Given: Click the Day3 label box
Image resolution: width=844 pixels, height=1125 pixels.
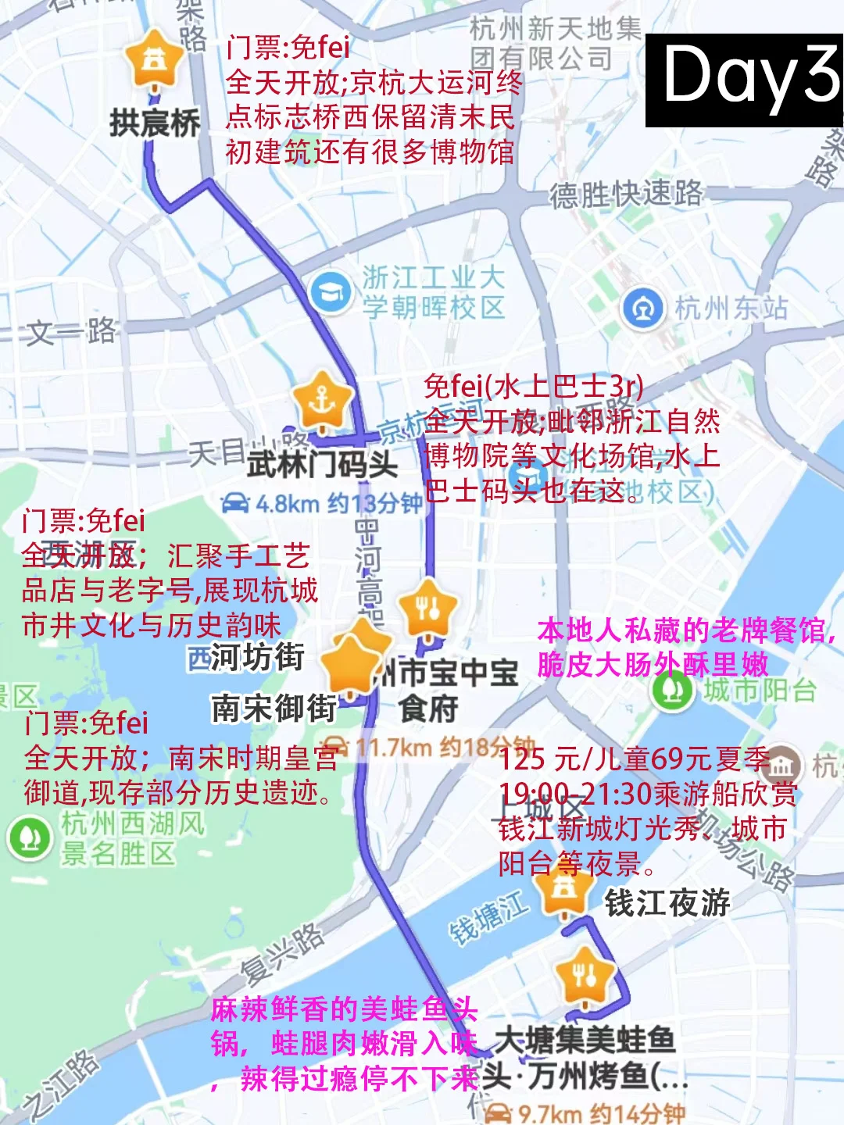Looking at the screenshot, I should point(744,80).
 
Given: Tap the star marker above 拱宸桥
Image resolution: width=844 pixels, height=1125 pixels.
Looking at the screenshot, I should point(155,60).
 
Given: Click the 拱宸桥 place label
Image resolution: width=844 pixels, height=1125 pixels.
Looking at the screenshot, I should point(155,123).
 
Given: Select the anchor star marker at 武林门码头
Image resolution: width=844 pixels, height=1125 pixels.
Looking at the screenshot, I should point(322,402).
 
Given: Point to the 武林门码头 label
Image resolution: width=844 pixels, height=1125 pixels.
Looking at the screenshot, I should point(322,464).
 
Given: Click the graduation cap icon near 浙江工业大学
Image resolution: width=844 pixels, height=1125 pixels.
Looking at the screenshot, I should point(331,293).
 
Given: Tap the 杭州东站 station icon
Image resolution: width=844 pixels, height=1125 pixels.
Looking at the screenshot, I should point(642,309).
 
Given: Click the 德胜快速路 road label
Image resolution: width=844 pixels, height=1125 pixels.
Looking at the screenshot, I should point(626,194).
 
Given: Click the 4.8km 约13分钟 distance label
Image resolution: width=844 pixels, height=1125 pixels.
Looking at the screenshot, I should point(321,503).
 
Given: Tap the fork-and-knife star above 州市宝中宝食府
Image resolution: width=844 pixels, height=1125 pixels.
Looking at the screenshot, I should point(427,609).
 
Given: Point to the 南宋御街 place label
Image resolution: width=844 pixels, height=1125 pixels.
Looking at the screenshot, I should point(274,709).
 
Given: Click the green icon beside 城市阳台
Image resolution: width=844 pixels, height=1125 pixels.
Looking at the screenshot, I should point(673,691).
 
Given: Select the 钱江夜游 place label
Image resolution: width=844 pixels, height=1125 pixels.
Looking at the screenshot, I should point(667,903).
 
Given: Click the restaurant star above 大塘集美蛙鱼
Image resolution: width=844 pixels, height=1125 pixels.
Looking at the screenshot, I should point(585,976).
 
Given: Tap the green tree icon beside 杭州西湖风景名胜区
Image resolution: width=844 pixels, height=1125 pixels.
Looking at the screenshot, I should point(30,838).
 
